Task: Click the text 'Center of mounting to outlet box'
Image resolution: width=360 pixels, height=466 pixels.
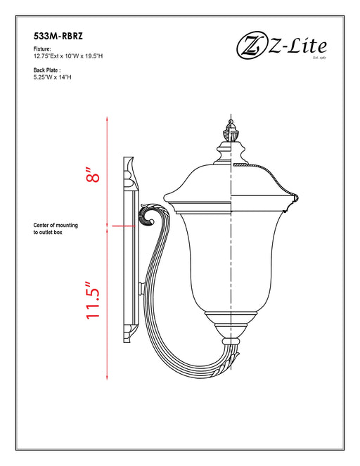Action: pos(56,228)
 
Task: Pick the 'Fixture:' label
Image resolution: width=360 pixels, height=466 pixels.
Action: pos(43,50)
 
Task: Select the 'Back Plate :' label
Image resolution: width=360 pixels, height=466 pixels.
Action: pos(48,70)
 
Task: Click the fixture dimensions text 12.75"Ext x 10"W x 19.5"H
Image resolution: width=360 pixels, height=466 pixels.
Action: pos(73,57)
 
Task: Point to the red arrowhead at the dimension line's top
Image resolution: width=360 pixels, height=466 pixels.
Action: pos(107,119)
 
